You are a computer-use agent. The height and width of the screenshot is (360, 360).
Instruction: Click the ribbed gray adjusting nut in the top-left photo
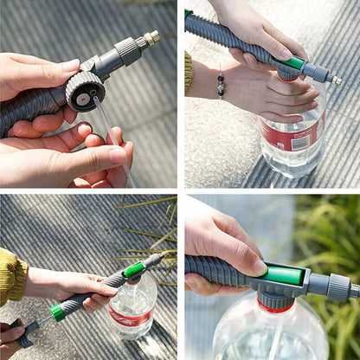point(128,50)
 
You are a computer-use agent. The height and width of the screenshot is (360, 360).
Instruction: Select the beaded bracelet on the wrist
point(221,85)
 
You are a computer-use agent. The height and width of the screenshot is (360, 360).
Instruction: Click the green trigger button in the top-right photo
point(294,63)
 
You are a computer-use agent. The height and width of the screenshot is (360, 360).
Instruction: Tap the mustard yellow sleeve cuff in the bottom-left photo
point(11,276)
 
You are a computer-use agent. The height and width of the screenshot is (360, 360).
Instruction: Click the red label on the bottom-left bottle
point(130,317)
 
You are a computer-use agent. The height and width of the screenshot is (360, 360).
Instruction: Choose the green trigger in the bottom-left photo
point(133,269)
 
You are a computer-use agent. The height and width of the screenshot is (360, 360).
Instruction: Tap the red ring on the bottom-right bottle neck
point(275,306)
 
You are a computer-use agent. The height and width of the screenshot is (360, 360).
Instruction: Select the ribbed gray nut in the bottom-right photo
point(338,286)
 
